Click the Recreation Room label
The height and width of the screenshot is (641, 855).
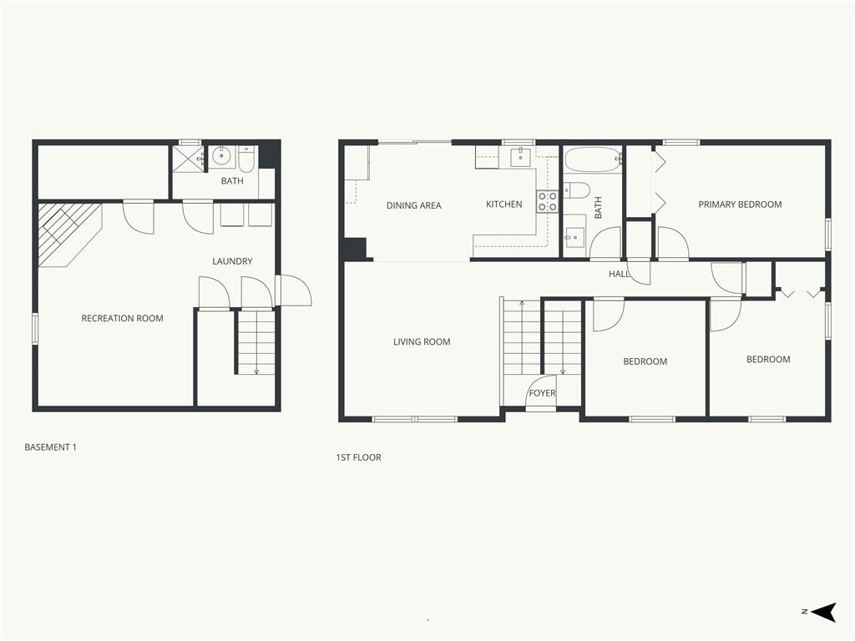122,318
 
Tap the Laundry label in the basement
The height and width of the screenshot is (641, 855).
232,261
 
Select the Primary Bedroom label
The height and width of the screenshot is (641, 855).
740,204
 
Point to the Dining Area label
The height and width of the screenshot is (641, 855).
414,205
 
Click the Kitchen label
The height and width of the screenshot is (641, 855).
503,204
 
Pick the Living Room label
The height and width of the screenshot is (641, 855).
422,341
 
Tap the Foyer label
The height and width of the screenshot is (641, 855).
542,393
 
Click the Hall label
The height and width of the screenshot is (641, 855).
619,274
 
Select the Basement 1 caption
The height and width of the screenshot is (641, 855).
51,447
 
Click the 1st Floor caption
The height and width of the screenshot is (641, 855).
358,457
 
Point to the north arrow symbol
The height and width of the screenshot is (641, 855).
823,612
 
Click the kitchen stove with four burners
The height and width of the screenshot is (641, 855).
548,201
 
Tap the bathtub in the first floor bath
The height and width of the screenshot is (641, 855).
594,159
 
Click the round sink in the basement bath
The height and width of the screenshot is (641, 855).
222,156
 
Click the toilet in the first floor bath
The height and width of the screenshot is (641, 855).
577,191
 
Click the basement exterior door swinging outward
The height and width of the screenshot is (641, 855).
295,290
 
